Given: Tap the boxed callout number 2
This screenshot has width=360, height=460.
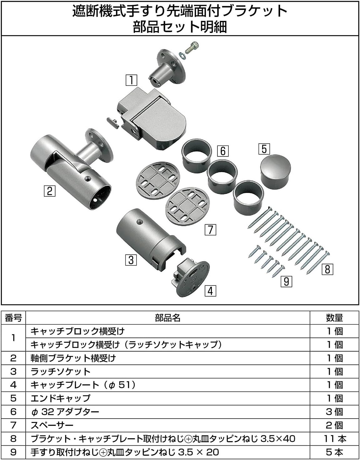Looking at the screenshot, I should [49, 190].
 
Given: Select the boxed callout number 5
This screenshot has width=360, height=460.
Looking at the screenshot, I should [264, 149].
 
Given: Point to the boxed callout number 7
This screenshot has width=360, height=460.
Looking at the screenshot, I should [210, 230].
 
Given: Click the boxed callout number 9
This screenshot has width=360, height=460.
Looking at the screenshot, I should [286, 281].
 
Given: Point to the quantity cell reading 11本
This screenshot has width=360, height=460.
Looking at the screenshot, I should [334, 439].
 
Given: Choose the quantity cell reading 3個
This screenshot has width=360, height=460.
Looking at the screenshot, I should [334, 412].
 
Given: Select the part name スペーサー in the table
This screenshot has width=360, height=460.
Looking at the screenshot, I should [52, 425].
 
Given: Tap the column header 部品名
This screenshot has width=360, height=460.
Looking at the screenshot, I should [168, 318].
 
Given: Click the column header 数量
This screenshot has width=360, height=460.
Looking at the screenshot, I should [334, 318].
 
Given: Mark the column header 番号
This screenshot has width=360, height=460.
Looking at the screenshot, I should [13, 318].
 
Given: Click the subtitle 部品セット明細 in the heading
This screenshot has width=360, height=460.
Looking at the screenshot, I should [180, 27].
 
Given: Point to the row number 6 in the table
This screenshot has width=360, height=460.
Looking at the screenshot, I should [13, 412].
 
